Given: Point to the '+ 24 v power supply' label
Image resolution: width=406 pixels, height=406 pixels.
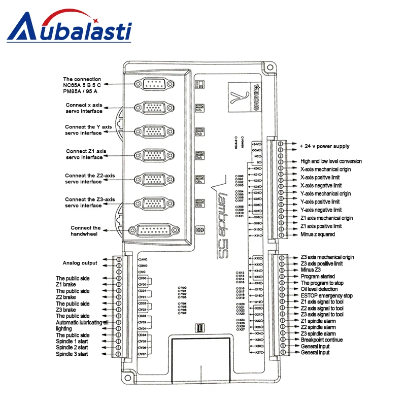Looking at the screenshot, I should pyautogui.click(x=324, y=146).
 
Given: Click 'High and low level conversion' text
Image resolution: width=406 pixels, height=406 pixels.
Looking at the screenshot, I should pyautogui.click(x=331, y=161).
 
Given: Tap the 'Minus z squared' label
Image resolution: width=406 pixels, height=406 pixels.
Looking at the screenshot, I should pyautogui.click(x=318, y=234).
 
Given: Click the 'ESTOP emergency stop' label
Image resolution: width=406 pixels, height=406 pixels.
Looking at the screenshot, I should pyautogui.click(x=326, y=295).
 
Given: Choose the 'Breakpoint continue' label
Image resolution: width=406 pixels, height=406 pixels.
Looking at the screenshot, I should pyautogui.click(x=322, y=340).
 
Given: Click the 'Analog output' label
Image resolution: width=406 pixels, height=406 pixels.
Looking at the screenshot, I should pyautogui.click(x=80, y=263).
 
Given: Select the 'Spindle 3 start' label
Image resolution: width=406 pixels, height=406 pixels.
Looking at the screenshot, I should pyautogui.click(x=72, y=354).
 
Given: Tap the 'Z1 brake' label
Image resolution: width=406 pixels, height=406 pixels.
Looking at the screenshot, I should pyautogui.click(x=66, y=285).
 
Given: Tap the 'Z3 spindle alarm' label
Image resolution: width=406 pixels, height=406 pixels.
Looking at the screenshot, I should pyautogui.click(x=318, y=333).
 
